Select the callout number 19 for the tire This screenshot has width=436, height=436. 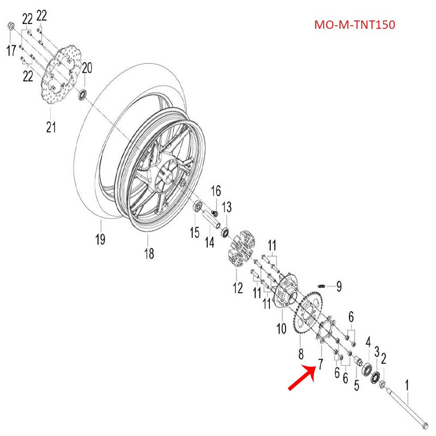click(101, 239)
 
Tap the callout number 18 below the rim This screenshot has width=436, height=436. click(149, 253)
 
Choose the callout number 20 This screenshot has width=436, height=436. click(87, 68)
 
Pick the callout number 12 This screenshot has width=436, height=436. click(238, 288)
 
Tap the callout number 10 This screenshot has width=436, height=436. click(282, 329)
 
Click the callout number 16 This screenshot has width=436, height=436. click(216, 190)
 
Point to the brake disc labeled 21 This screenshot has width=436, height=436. click(64, 76)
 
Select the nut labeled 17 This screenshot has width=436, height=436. click(11, 26)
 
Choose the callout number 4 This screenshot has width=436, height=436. click(368, 342)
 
